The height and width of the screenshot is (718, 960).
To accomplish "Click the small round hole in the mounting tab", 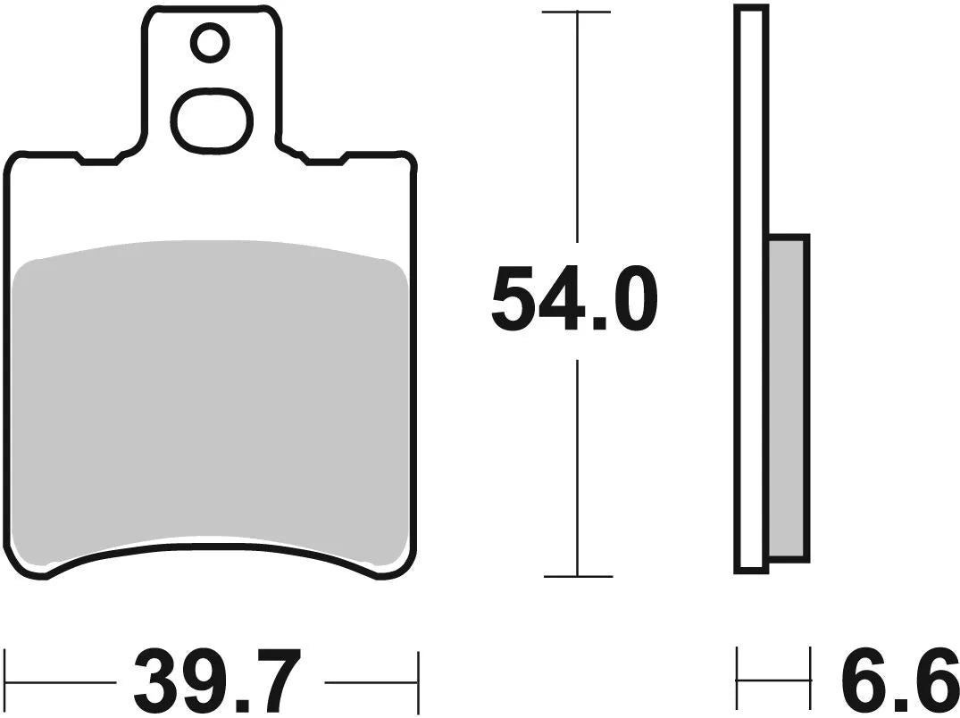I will tap(210, 42).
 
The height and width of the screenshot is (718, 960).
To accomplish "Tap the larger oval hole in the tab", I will tap(211, 120).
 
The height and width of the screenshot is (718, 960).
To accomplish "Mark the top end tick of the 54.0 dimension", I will tap(577, 13).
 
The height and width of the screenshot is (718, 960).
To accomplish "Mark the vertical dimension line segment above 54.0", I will tap(578, 125).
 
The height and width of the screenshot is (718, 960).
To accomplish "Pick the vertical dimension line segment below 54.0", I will tap(578, 464).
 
